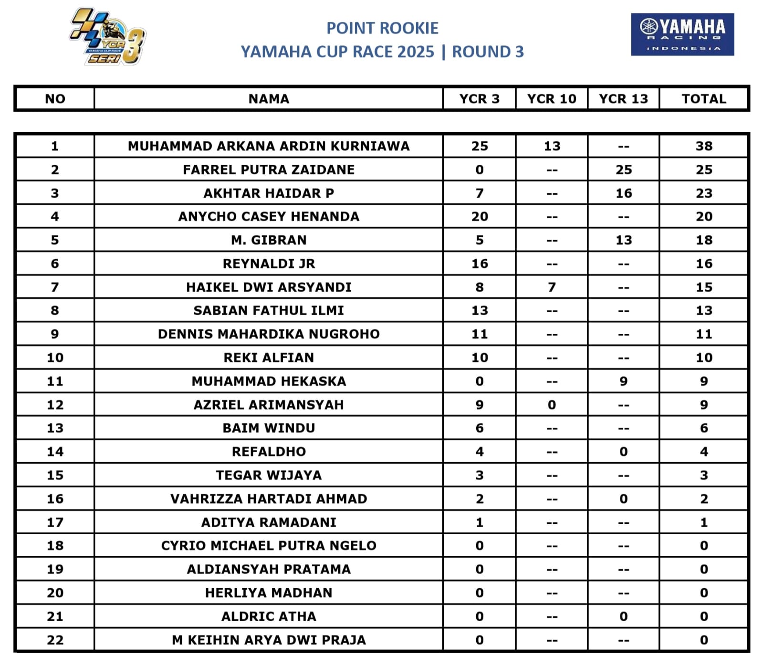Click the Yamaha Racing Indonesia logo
pos(682,34)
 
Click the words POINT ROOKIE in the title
pos(382,28)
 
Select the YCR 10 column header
pos(552,99)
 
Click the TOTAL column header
pos(704,99)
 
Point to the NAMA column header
pos(269,99)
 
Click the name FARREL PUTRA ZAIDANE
pos(269,170)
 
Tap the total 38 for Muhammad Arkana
pos(704,146)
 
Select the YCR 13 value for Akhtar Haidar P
pos(624,193)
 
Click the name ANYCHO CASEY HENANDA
pos(269,217)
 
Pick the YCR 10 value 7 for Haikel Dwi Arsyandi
pos(552,287)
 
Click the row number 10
pos(55,358)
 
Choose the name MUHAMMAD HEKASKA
pos(269,381)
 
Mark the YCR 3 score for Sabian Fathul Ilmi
pos(480,311)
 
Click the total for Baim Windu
pos(704,428)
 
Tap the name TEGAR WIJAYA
pos(269,476)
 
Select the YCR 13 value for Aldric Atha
pos(624,617)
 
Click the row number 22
pos(55,640)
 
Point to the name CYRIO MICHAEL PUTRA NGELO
pos(269,546)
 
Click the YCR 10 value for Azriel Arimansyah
pos(552,405)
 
